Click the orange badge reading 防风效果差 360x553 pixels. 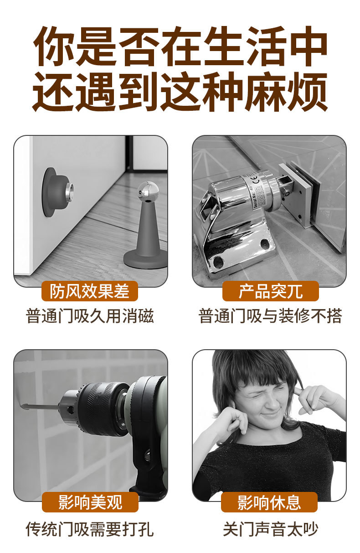[90, 291]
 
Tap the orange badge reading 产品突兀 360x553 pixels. [270, 291]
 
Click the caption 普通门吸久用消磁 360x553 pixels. [90, 316]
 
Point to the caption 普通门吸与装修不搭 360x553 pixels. [270, 316]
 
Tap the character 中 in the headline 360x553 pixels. [309, 47]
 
